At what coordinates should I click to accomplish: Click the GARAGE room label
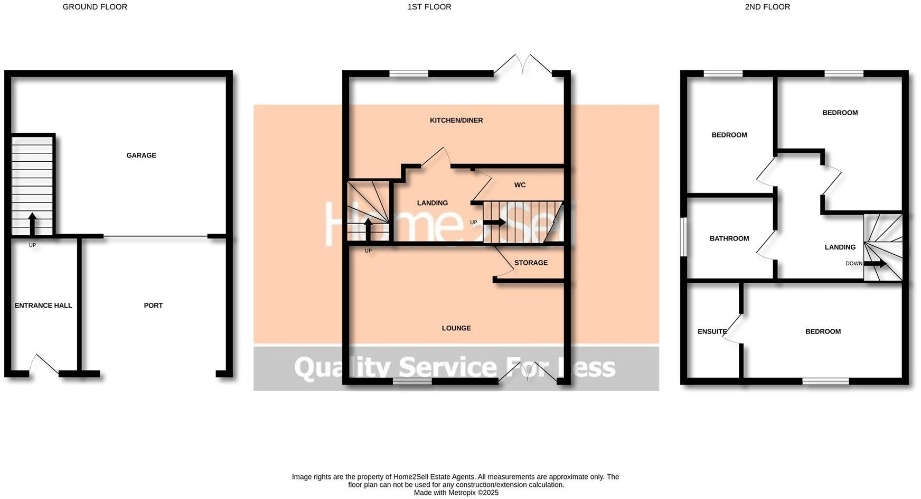point(141,155)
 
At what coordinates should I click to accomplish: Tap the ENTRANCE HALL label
point(43,306)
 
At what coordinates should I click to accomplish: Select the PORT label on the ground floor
point(153,306)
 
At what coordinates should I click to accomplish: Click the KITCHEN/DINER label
point(456,121)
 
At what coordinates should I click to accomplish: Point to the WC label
point(520,185)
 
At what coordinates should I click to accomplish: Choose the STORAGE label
point(531,263)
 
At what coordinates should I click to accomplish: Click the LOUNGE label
point(456,328)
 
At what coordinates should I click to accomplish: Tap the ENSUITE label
point(712,332)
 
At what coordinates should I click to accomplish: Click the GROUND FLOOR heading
point(95,7)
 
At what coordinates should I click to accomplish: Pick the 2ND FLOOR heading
point(767,7)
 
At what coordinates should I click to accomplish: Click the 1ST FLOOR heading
point(429,7)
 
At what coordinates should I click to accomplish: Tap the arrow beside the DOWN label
point(875,264)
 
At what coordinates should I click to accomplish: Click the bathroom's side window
point(684,237)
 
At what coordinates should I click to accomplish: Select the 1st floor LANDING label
point(432,203)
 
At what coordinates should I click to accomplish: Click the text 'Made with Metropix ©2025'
point(456,493)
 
